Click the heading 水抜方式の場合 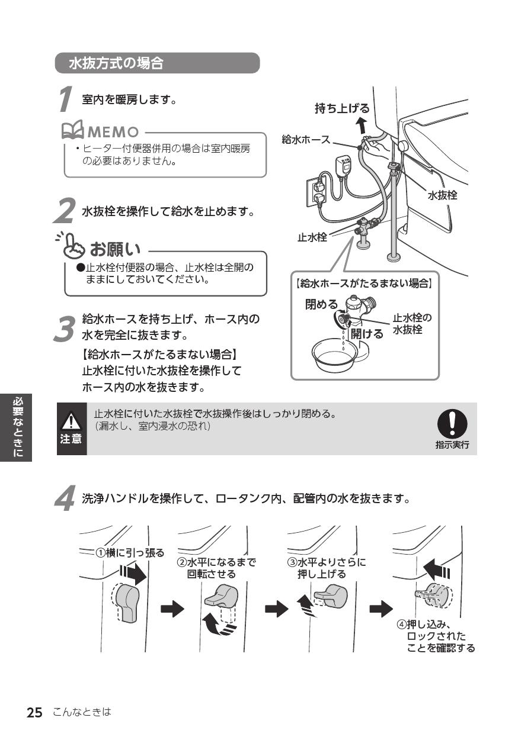pos(116,63)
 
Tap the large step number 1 pos(66,99)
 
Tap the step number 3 pos(64,329)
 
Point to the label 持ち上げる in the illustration pos(342,108)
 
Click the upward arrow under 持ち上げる pos(362,125)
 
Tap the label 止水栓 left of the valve pos(312,239)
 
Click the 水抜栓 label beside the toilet pos(442,195)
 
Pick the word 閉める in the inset pos(321,304)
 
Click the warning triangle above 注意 pos(71,421)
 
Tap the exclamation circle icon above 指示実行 pos(452,424)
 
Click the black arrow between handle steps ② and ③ pos(275,609)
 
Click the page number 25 pos(34,713)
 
